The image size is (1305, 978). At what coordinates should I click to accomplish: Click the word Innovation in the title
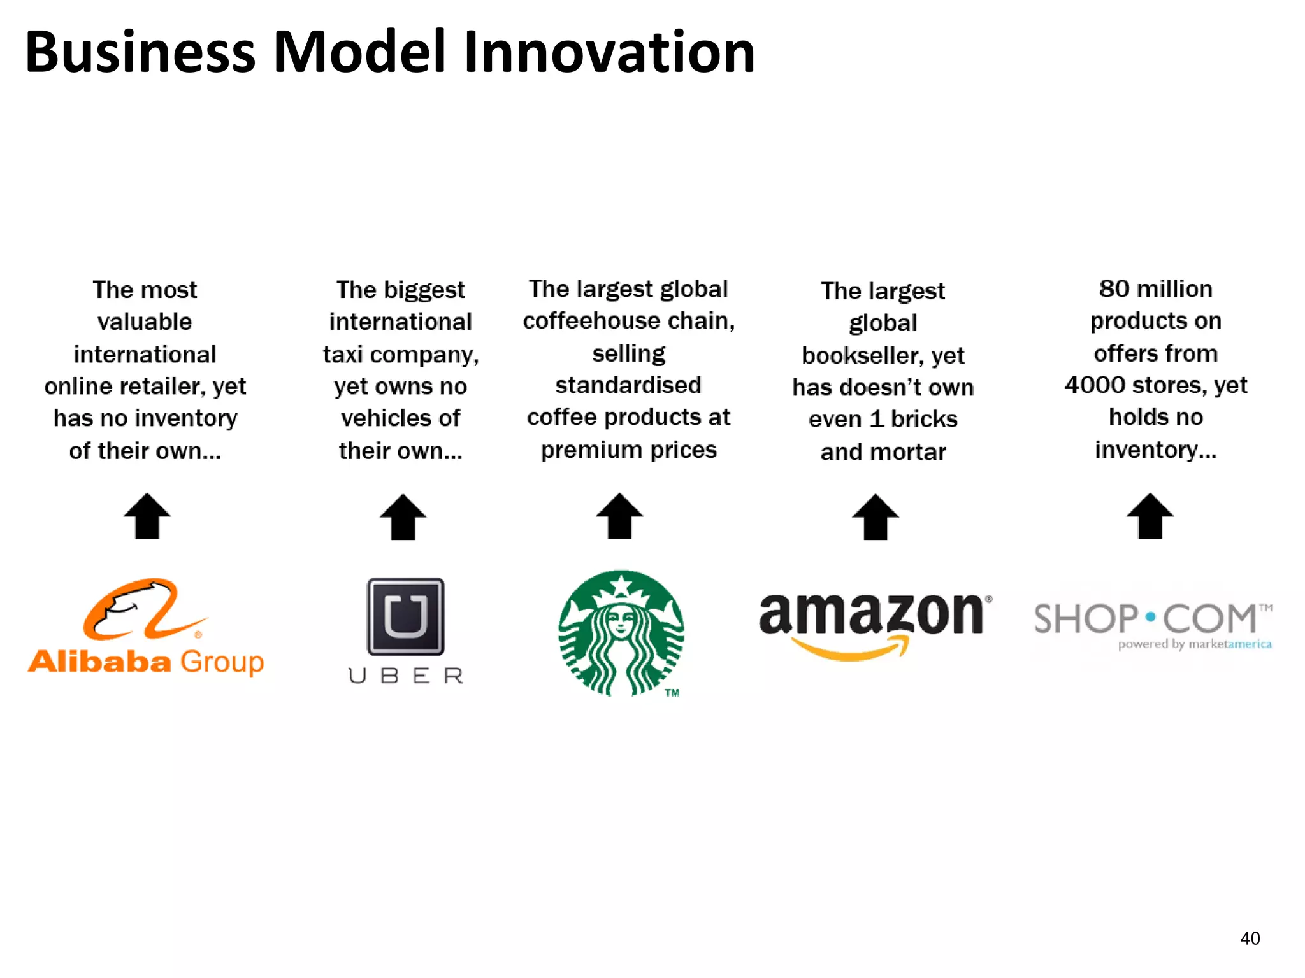point(609,52)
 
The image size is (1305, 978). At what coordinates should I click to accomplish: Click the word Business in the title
point(140,52)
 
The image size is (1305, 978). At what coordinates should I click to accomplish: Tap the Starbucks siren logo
point(621,633)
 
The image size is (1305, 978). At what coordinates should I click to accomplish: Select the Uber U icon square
point(405,616)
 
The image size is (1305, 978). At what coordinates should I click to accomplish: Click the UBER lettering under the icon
point(406,676)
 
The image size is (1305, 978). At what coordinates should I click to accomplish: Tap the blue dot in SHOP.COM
point(1150,617)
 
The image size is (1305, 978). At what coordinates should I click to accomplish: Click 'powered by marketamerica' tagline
point(1194,644)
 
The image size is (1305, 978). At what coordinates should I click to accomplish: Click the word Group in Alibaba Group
point(222,662)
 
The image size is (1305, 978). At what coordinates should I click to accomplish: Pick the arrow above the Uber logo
point(403,516)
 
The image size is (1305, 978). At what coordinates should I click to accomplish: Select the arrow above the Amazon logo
point(876,516)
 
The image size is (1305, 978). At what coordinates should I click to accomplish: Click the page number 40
point(1250,938)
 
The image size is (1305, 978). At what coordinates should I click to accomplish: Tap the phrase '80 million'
point(1155,289)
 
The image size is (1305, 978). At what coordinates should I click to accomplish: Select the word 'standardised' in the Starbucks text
point(628,385)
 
